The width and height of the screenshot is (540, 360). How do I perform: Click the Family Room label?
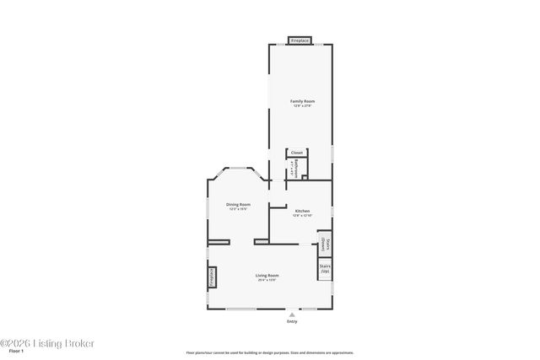click(302, 101)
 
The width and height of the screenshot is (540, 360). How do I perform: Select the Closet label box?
click(297, 153)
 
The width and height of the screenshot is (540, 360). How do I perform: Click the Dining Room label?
click(238, 204)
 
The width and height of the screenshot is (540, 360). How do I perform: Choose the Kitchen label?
click(302, 211)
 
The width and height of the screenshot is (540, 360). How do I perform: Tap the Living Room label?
click(267, 275)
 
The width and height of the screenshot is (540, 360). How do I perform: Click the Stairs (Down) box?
click(325, 244)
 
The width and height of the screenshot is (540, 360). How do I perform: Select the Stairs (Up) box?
click(325, 269)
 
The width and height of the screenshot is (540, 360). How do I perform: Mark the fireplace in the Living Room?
click(212, 277)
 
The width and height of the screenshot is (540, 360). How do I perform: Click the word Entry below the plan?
click(292, 321)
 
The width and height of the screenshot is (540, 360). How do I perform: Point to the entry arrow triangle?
click(292, 314)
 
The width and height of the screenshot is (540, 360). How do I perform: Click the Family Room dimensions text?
click(302, 105)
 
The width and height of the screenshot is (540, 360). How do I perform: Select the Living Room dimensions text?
click(267, 280)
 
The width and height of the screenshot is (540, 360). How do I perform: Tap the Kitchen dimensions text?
click(302, 216)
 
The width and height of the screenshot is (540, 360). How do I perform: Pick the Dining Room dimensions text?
click(238, 209)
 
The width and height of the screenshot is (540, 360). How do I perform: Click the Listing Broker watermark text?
click(47, 343)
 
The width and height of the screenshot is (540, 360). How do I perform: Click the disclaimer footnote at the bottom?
click(270, 352)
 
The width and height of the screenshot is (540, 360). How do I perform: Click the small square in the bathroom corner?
click(304, 177)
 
